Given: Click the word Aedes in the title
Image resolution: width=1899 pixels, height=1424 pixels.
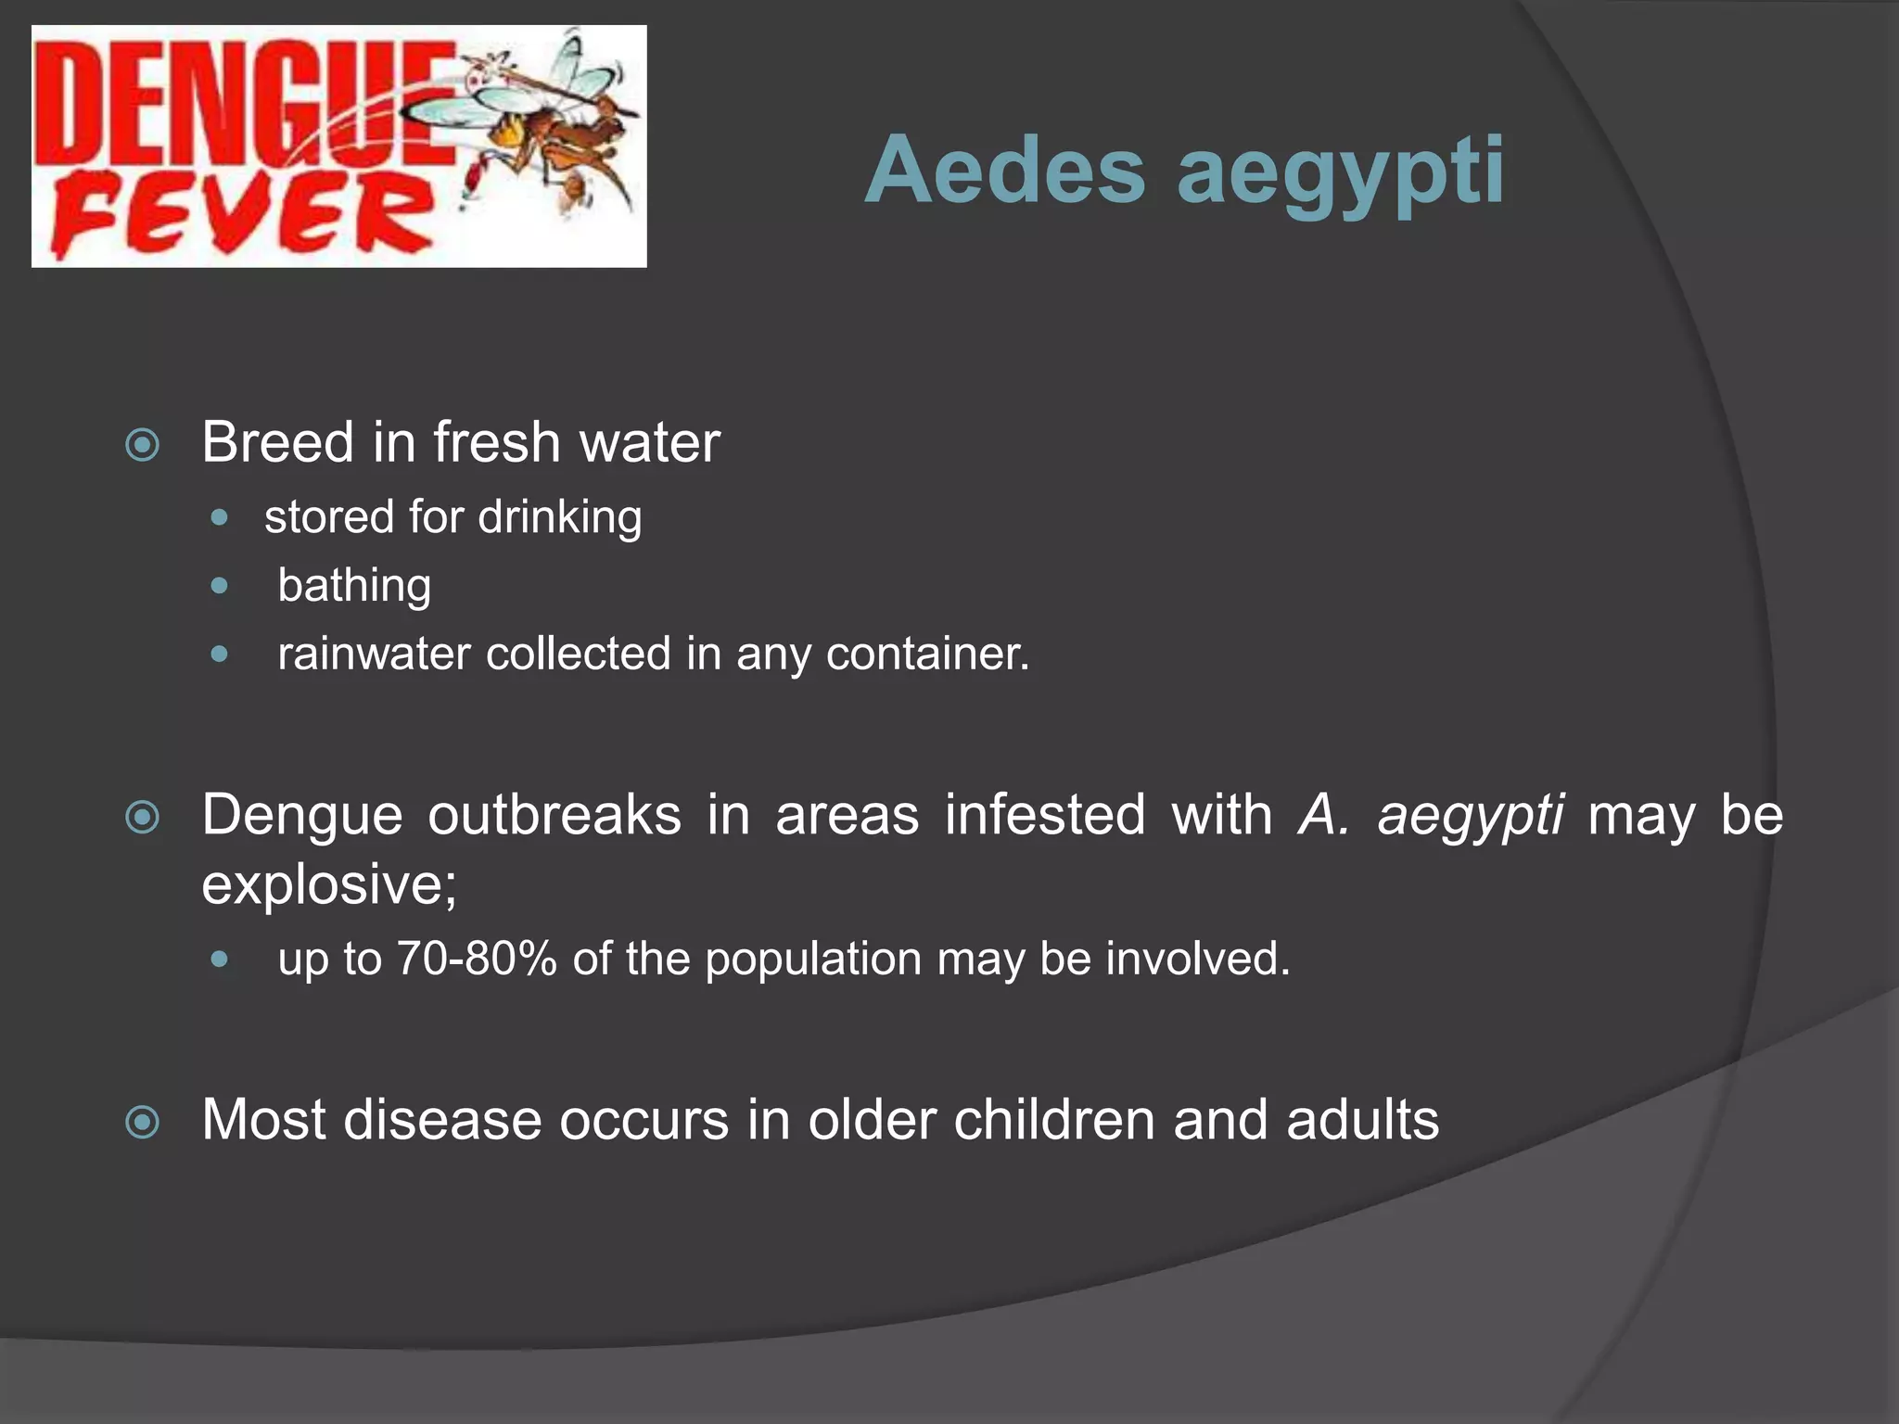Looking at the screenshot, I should pyautogui.click(x=1005, y=171).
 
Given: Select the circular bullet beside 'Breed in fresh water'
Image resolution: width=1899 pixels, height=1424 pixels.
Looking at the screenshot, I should pyautogui.click(x=142, y=445).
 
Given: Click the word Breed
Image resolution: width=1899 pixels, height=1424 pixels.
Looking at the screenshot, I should pyautogui.click(x=278, y=442).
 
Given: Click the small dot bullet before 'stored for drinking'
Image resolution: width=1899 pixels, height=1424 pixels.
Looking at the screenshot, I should pyautogui.click(x=219, y=517).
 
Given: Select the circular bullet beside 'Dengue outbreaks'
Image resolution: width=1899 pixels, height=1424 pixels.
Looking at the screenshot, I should pyautogui.click(x=142, y=818).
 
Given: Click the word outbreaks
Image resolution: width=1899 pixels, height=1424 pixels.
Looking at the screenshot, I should pyautogui.click(x=554, y=816).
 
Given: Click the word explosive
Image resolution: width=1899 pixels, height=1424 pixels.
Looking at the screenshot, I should pyautogui.click(x=328, y=884).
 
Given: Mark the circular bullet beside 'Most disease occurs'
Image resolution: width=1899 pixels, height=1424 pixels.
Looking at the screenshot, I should pyautogui.click(x=142, y=1123).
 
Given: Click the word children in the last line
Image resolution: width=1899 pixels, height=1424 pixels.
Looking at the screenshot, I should pyautogui.click(x=1054, y=1120).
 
